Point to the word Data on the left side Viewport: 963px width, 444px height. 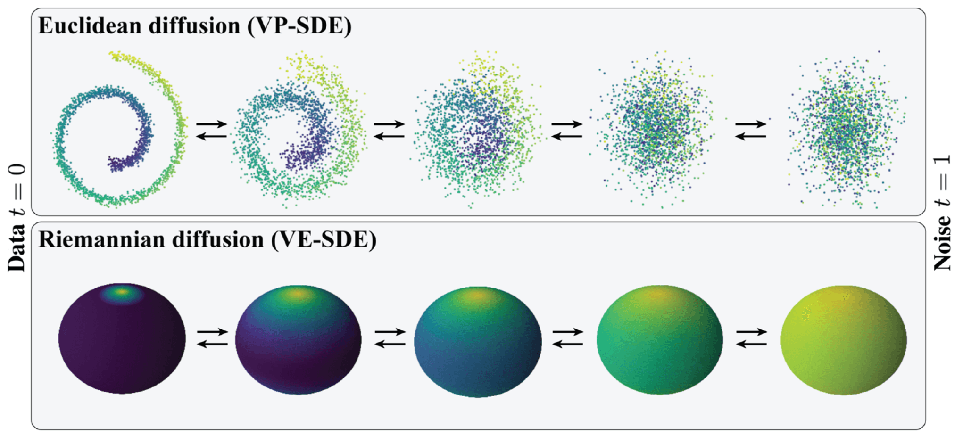[17, 248]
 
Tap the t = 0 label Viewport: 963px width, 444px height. [17, 189]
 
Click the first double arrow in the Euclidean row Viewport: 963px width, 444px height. [212, 131]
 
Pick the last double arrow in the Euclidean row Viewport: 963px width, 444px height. [751, 131]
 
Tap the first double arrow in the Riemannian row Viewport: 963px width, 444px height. [212, 338]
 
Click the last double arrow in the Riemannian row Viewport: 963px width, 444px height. [751, 338]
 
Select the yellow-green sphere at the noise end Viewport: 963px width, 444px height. [843, 339]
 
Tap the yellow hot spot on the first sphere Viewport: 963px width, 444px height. [122, 292]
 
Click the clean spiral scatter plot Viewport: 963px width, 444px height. [118, 132]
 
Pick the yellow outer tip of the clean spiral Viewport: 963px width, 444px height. [116, 56]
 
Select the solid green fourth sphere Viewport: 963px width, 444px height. [659, 339]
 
